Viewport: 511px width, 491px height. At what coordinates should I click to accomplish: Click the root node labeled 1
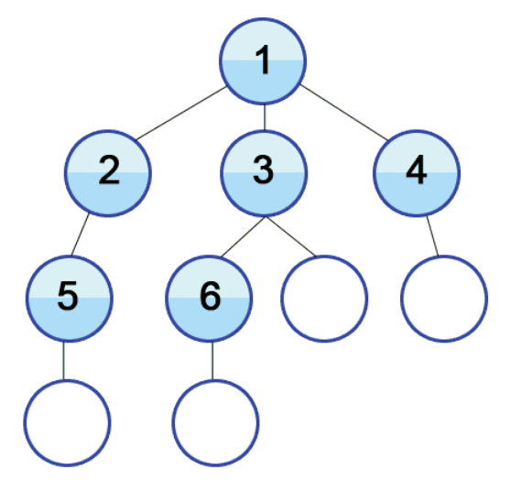(x=263, y=61)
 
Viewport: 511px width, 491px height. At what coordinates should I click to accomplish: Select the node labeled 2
(x=108, y=173)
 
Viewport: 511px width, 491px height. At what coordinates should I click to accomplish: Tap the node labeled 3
(x=264, y=173)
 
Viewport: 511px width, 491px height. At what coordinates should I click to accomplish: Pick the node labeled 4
(x=417, y=173)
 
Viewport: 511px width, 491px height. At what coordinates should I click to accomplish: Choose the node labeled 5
(x=70, y=299)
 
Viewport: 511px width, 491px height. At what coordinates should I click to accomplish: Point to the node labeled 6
(x=209, y=299)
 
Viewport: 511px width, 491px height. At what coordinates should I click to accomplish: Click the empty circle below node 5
(x=67, y=423)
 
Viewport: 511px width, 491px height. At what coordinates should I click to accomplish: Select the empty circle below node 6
(x=216, y=423)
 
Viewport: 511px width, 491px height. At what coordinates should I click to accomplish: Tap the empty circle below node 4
(x=444, y=299)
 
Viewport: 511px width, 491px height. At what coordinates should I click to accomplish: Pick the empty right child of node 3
(x=324, y=299)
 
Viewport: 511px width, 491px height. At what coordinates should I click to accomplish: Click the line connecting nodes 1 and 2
(x=181, y=114)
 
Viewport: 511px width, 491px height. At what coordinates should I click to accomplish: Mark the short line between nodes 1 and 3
(x=265, y=117)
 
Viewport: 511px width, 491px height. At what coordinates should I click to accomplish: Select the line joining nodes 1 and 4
(x=344, y=113)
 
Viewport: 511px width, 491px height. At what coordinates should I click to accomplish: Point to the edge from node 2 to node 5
(x=80, y=235)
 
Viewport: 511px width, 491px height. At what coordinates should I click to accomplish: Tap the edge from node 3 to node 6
(x=243, y=237)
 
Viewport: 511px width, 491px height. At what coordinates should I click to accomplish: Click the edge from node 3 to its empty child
(x=290, y=236)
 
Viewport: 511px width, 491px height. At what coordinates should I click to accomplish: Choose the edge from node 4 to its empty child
(x=432, y=235)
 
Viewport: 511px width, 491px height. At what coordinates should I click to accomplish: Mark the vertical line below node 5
(x=64, y=361)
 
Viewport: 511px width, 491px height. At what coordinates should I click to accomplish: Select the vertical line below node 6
(x=212, y=361)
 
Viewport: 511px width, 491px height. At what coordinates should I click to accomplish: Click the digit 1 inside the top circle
(x=263, y=60)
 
